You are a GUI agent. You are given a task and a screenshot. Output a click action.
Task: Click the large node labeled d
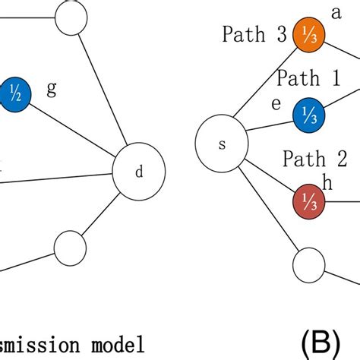[138, 172]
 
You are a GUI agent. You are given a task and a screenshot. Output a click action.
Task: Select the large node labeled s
[222, 144]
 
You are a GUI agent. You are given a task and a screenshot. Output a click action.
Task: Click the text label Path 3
[253, 34]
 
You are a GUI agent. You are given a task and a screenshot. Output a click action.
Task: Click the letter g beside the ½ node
[52, 90]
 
